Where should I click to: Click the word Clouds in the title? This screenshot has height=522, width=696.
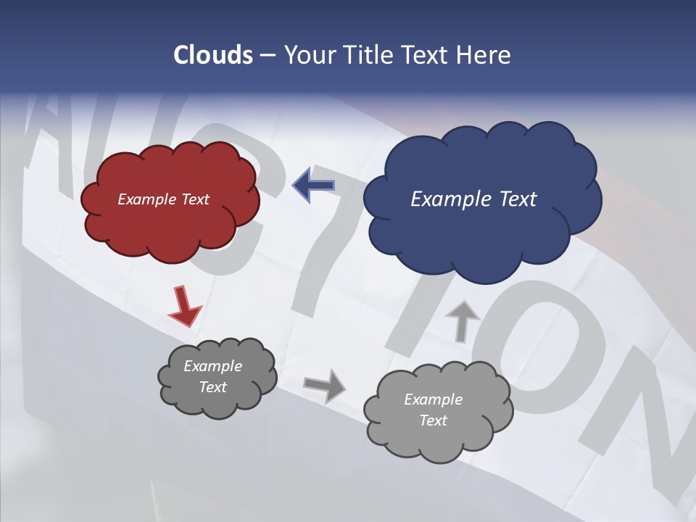coord(212,55)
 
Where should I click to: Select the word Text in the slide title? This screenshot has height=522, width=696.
coord(427,55)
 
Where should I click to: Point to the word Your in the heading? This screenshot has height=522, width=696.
coord(310,55)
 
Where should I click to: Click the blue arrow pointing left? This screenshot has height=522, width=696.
coord(314,186)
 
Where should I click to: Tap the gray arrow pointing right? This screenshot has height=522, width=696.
coord(325,385)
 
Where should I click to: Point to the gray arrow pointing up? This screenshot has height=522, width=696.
coord(463,320)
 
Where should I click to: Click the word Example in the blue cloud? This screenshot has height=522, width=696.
coord(448,199)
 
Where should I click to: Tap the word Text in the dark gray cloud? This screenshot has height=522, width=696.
coord(213,387)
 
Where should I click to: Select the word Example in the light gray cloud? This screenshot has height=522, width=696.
coord(433,399)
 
